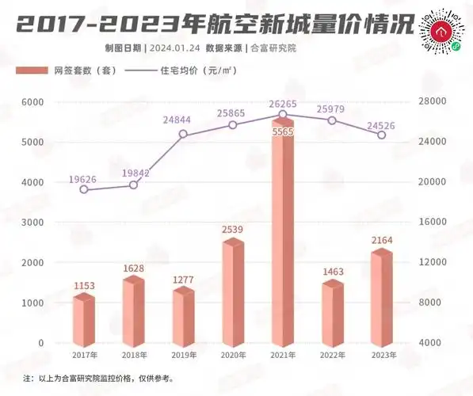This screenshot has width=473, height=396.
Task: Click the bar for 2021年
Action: [x=283, y=238]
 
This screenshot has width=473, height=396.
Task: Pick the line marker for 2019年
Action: [x=183, y=134]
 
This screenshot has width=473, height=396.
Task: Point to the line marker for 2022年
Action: [x=332, y=120]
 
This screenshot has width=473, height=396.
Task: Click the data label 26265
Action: [x=282, y=103]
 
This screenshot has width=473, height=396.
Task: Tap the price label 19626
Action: [x=83, y=179]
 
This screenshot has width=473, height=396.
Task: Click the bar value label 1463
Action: [x=332, y=272]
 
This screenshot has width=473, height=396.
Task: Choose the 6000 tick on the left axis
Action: [x=31, y=102]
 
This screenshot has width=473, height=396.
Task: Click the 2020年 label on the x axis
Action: [x=232, y=356]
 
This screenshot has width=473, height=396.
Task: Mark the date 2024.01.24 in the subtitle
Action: [x=174, y=48]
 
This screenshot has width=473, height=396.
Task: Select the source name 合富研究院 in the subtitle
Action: [x=271, y=48]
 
